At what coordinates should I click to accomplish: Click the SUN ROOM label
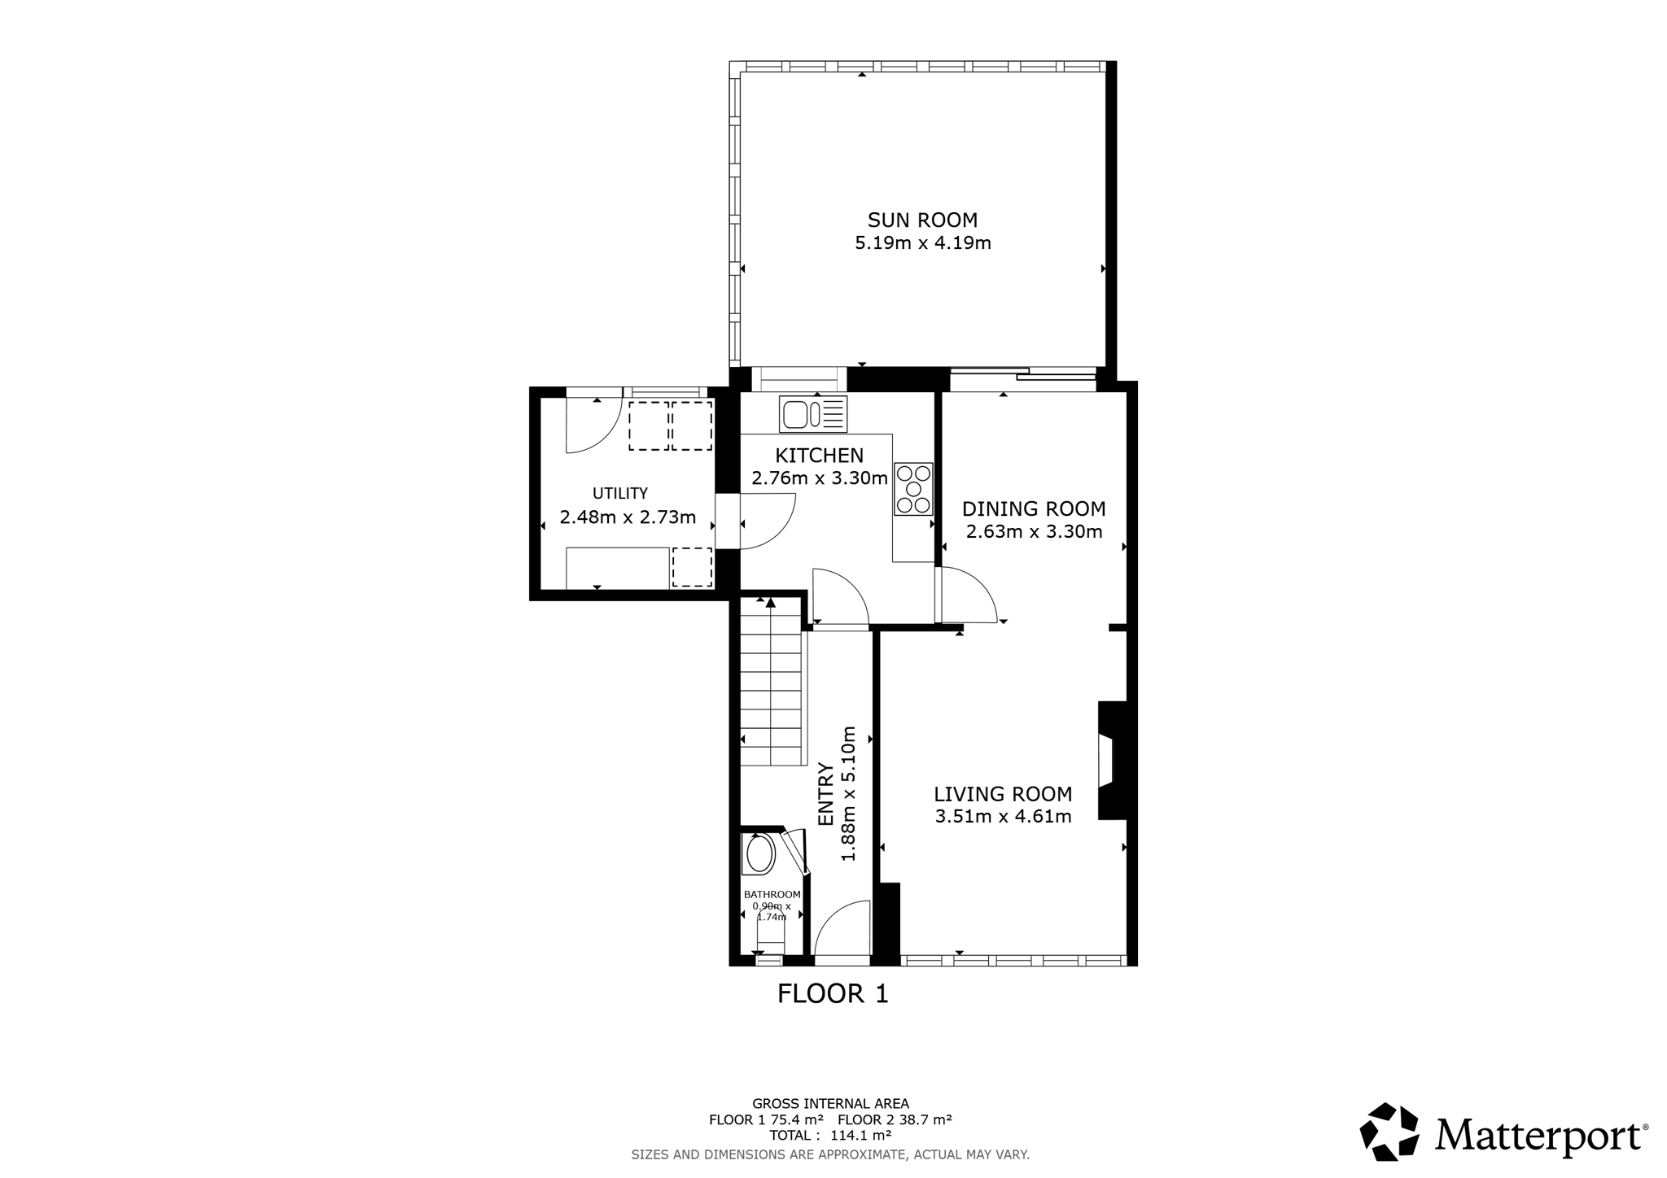point(922,220)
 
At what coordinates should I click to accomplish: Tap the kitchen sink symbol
point(813,414)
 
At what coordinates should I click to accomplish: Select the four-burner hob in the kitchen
point(913,489)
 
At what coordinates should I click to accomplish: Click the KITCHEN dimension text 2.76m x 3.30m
point(819,478)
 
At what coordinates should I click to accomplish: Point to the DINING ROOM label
point(1034,509)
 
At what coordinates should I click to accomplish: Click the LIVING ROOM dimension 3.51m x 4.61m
point(1003,817)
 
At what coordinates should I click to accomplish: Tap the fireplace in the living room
point(1113,760)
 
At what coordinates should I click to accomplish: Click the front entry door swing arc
point(843,927)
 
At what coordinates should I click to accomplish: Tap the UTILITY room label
point(620,493)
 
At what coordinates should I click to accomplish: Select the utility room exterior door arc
point(595,425)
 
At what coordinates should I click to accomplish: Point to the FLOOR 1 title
point(833,993)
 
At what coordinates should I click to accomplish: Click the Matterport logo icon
point(1389,1132)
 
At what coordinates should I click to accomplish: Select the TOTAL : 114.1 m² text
point(830,1135)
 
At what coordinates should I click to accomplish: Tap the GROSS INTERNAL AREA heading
point(830,1104)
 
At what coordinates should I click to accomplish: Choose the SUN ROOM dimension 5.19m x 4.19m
point(923,242)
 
